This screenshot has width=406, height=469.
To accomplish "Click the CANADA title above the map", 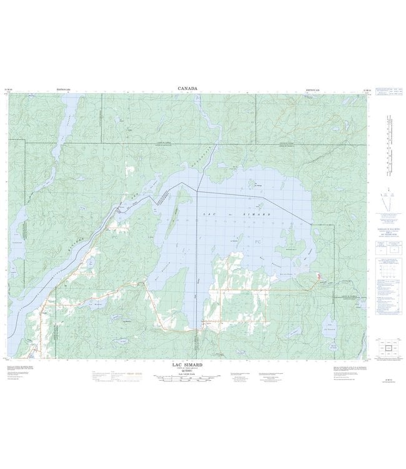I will click(187, 89).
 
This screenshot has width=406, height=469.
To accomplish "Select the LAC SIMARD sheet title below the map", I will click(187, 363).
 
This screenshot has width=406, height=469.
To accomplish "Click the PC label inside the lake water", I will click(260, 241).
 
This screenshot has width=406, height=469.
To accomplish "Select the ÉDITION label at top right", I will click(314, 90).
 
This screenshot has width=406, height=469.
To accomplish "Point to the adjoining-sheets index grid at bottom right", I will click(389, 348).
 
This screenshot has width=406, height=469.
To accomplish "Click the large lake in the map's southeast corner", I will click(330, 325).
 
